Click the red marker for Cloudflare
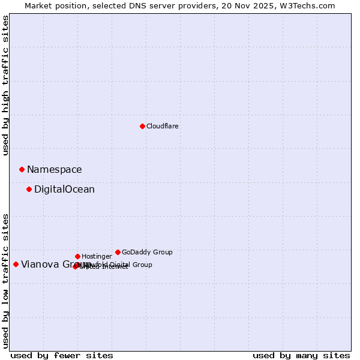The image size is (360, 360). [142, 126]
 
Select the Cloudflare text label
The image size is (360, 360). [162, 126]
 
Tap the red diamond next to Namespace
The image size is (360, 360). [22, 169]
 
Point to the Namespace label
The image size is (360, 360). [54, 170]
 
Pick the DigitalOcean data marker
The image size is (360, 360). [29, 189]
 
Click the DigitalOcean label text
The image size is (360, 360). [64, 190]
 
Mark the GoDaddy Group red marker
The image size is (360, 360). [118, 252]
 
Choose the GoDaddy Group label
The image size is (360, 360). [147, 252]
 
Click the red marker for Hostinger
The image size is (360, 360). [77, 256]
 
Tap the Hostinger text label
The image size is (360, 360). [97, 256]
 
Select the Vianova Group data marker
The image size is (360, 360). [16, 264]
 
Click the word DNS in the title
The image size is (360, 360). [131, 5]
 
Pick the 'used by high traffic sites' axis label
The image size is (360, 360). [5, 85]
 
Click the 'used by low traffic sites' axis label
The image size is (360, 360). [5, 280]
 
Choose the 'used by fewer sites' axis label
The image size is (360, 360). [62, 355]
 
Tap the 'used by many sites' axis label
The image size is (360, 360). [301, 355]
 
